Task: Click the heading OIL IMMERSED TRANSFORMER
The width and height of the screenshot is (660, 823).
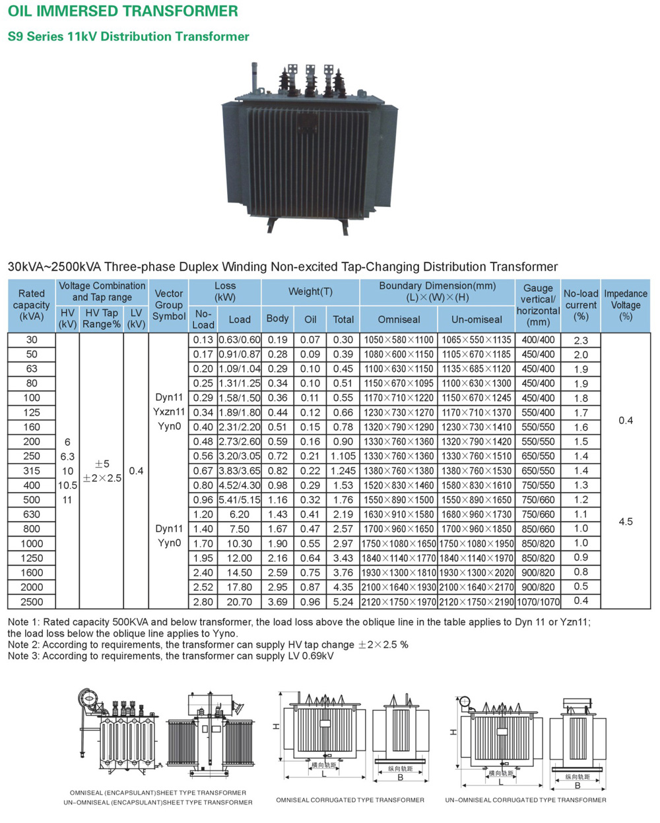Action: pyautogui.click(x=123, y=11)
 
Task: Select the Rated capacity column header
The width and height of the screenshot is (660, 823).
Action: pyautogui.click(x=32, y=305)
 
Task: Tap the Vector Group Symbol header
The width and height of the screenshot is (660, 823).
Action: pyautogui.click(x=169, y=305)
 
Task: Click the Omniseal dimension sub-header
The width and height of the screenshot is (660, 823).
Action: pyautogui.click(x=399, y=319)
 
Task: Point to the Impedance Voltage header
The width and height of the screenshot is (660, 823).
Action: pyautogui.click(x=625, y=305)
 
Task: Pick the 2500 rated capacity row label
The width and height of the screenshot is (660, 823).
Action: pyautogui.click(x=32, y=601)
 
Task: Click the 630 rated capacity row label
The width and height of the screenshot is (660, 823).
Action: pyautogui.click(x=32, y=514)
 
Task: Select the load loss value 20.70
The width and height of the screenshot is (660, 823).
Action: pyautogui.click(x=240, y=601)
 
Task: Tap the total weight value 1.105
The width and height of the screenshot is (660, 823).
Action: pyautogui.click(x=343, y=456)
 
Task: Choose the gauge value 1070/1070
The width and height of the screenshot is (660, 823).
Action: pyautogui.click(x=538, y=601)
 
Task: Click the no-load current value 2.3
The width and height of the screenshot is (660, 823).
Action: pyautogui.click(x=581, y=340)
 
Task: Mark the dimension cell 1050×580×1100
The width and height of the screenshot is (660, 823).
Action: pyautogui.click(x=399, y=340)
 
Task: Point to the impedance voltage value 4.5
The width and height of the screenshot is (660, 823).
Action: pyautogui.click(x=625, y=522)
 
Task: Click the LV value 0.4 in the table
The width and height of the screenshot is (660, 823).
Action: pyautogui.click(x=136, y=471)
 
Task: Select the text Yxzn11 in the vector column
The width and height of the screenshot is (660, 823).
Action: pyautogui.click(x=169, y=412)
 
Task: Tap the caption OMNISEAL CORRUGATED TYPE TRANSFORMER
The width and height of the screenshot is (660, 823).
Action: pyautogui.click(x=350, y=800)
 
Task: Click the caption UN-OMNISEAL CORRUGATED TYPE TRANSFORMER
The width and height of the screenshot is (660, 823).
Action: pyautogui.click(x=525, y=800)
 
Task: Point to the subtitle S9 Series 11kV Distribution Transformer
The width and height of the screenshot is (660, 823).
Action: pyautogui.click(x=128, y=37)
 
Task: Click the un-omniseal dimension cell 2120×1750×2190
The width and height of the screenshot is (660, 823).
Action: pyautogui.click(x=477, y=601)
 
